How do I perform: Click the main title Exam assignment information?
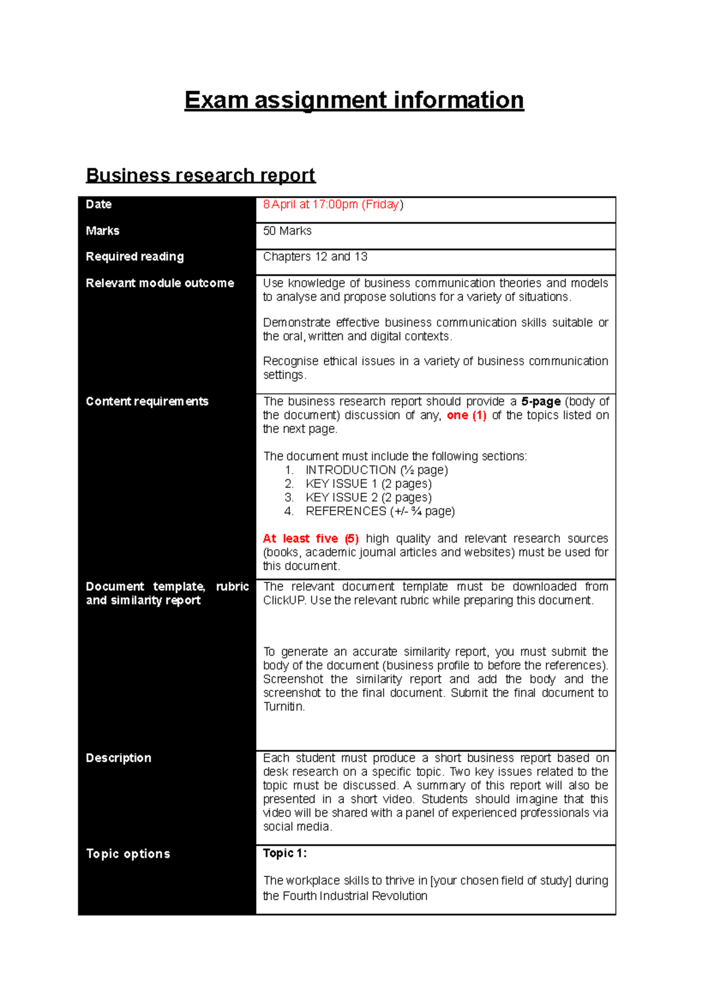click(354, 100)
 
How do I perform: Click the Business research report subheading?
click(201, 175)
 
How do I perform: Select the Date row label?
click(99, 204)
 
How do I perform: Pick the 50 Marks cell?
click(287, 231)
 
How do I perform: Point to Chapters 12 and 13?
click(315, 257)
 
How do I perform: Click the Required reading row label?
click(135, 257)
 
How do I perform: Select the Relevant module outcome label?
click(160, 283)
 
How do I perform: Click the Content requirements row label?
click(147, 401)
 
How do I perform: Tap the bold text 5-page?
click(540, 401)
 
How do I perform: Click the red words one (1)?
click(466, 415)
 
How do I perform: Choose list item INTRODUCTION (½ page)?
click(376, 470)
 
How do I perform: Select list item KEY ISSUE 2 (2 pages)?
click(368, 497)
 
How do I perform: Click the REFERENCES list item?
click(380, 511)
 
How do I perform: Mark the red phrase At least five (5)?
click(310, 539)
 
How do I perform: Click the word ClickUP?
click(284, 600)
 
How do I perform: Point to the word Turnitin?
click(283, 707)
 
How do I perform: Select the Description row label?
click(119, 758)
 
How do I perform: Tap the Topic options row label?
click(128, 854)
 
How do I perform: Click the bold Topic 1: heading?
click(284, 853)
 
